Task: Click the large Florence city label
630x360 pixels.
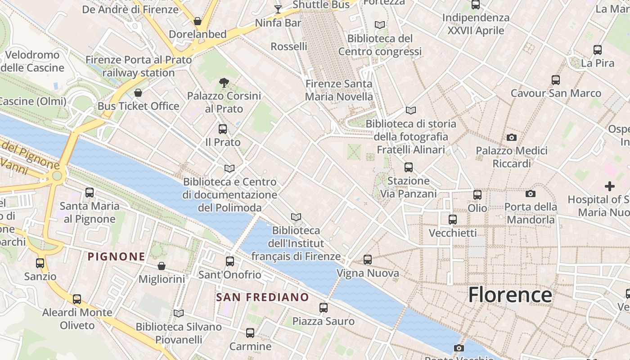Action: [510, 295]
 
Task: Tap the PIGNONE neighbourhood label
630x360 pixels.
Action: [117, 256]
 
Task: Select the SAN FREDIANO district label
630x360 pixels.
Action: [262, 297]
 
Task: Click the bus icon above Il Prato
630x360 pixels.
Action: [222, 129]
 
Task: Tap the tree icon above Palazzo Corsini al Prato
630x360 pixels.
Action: [224, 82]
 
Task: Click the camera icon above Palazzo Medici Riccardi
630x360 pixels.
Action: [512, 137]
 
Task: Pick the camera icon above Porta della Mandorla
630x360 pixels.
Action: [531, 193]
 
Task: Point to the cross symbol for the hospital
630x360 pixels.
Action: [610, 186]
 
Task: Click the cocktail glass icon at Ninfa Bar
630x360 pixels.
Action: [278, 9]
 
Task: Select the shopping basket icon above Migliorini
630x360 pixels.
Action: [162, 266]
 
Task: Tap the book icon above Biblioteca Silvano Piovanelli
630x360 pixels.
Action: [179, 313]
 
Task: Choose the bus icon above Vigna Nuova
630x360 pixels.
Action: [368, 260]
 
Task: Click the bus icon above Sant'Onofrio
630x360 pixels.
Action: [230, 261]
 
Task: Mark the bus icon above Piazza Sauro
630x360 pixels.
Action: [324, 308]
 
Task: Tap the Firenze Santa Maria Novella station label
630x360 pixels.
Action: [339, 90]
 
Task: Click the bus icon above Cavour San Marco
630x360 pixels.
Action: [556, 80]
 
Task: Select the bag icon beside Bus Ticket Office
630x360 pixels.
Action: [138, 93]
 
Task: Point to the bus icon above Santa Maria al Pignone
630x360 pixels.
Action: [90, 193]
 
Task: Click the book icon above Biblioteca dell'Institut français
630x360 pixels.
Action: [296, 217]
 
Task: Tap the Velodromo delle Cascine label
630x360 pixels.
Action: [32, 61]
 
